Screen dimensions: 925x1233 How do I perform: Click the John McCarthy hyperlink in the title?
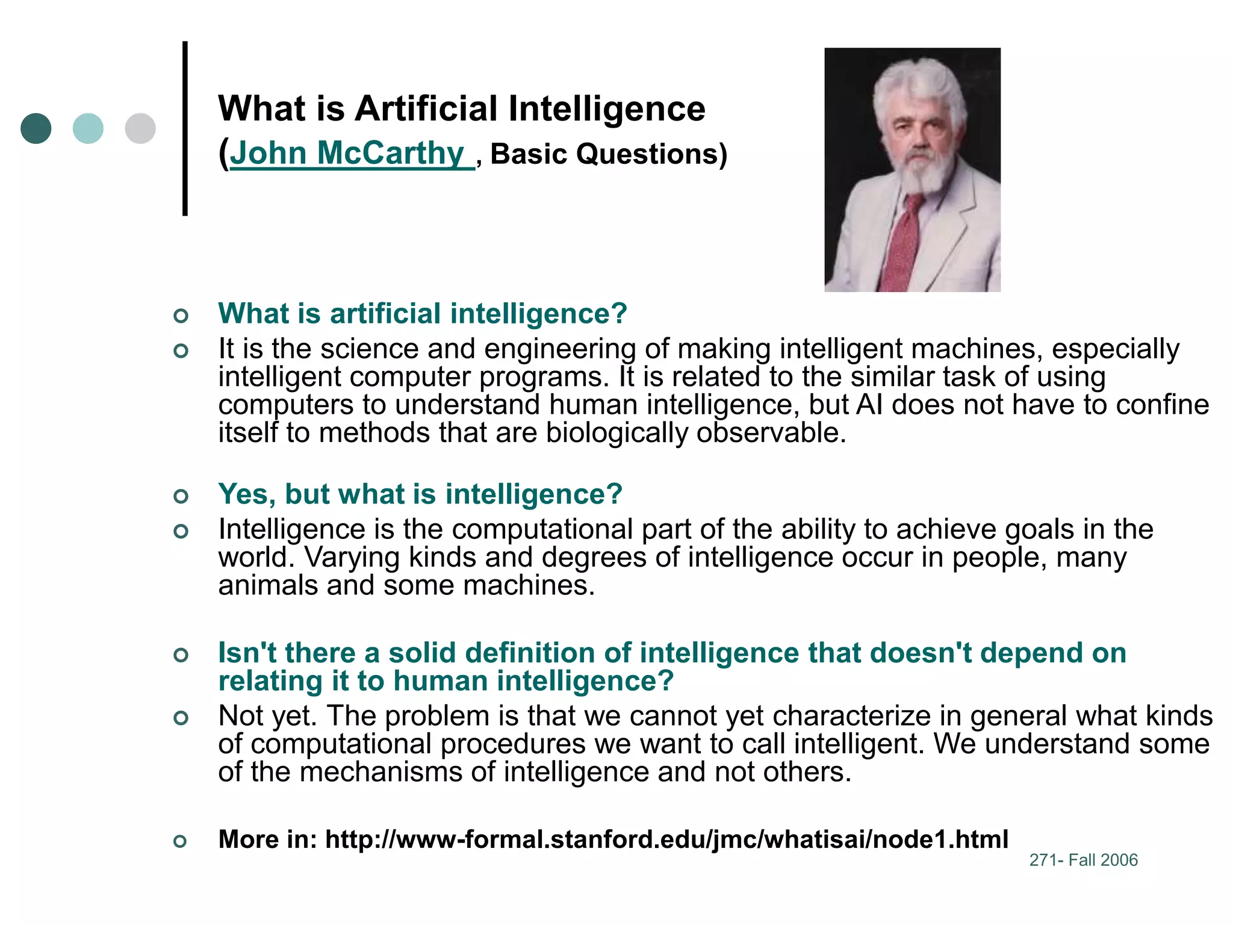(346, 153)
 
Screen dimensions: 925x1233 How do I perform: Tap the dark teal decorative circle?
(36, 128)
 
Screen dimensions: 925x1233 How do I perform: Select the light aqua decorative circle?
(88, 128)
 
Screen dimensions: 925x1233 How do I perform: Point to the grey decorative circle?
(140, 128)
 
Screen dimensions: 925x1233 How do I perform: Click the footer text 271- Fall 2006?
(1083, 860)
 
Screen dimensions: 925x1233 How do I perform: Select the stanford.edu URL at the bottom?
(666, 839)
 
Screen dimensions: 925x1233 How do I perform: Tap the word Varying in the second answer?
(352, 557)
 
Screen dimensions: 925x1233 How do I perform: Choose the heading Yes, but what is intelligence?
(420, 494)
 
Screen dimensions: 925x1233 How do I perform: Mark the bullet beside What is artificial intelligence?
(181, 315)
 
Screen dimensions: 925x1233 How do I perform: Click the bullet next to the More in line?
(181, 841)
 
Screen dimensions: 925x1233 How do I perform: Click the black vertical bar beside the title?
(185, 128)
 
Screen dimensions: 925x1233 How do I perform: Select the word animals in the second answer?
(267, 585)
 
